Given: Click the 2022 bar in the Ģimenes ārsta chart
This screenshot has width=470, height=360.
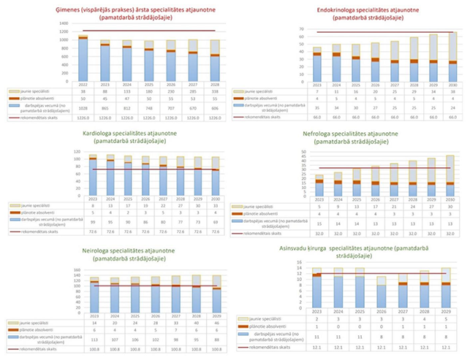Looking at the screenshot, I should point(83,58).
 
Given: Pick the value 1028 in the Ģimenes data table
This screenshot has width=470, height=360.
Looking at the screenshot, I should point(83,107).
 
